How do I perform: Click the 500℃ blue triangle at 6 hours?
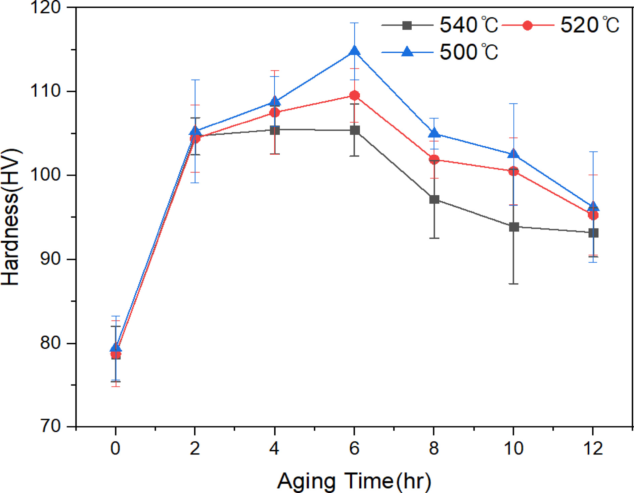[x=355, y=51]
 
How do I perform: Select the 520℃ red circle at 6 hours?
[x=355, y=96]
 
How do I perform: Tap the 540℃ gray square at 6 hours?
[x=355, y=130]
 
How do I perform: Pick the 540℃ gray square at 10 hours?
[x=514, y=227]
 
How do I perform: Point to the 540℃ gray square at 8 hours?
[x=434, y=200]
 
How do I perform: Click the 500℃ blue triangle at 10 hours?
[x=514, y=154]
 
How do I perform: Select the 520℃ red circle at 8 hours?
[x=434, y=159]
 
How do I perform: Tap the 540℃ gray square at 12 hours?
[x=593, y=233]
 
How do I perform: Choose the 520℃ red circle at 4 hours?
[x=275, y=112]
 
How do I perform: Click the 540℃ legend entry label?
[x=469, y=25]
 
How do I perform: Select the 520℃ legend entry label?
[x=590, y=25]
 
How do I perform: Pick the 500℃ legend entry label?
[x=469, y=52]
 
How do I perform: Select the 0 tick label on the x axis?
[x=116, y=448]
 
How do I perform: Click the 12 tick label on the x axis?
[x=593, y=448]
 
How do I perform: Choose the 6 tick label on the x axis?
[x=355, y=448]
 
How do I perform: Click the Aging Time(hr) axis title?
[x=354, y=481]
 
